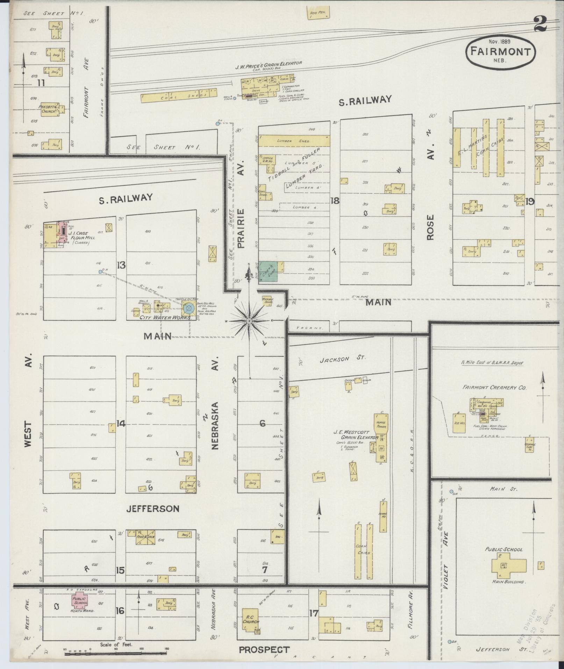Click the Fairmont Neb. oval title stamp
[500, 51]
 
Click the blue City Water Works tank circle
[189, 308]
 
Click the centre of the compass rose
[249, 320]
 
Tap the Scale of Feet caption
[116, 644]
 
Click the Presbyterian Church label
[49, 109]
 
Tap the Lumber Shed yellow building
[294, 141]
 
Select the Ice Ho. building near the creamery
[459, 423]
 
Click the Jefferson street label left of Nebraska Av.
[153, 508]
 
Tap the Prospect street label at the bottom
[264, 649]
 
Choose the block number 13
[121, 265]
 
